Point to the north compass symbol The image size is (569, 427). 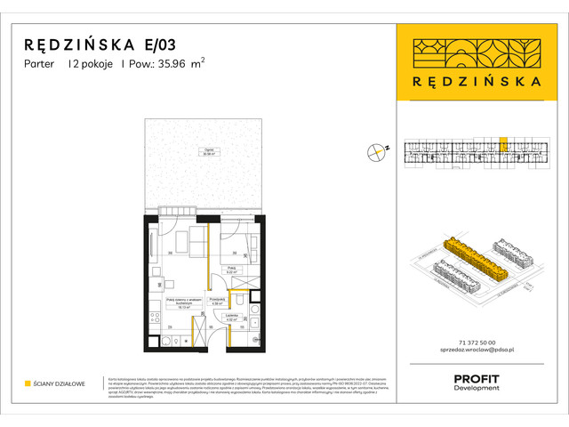tap(377, 152)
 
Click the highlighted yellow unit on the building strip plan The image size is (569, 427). tap(503, 145)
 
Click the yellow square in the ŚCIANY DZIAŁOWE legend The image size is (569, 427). tap(28, 383)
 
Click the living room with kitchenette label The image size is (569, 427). tap(180, 303)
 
